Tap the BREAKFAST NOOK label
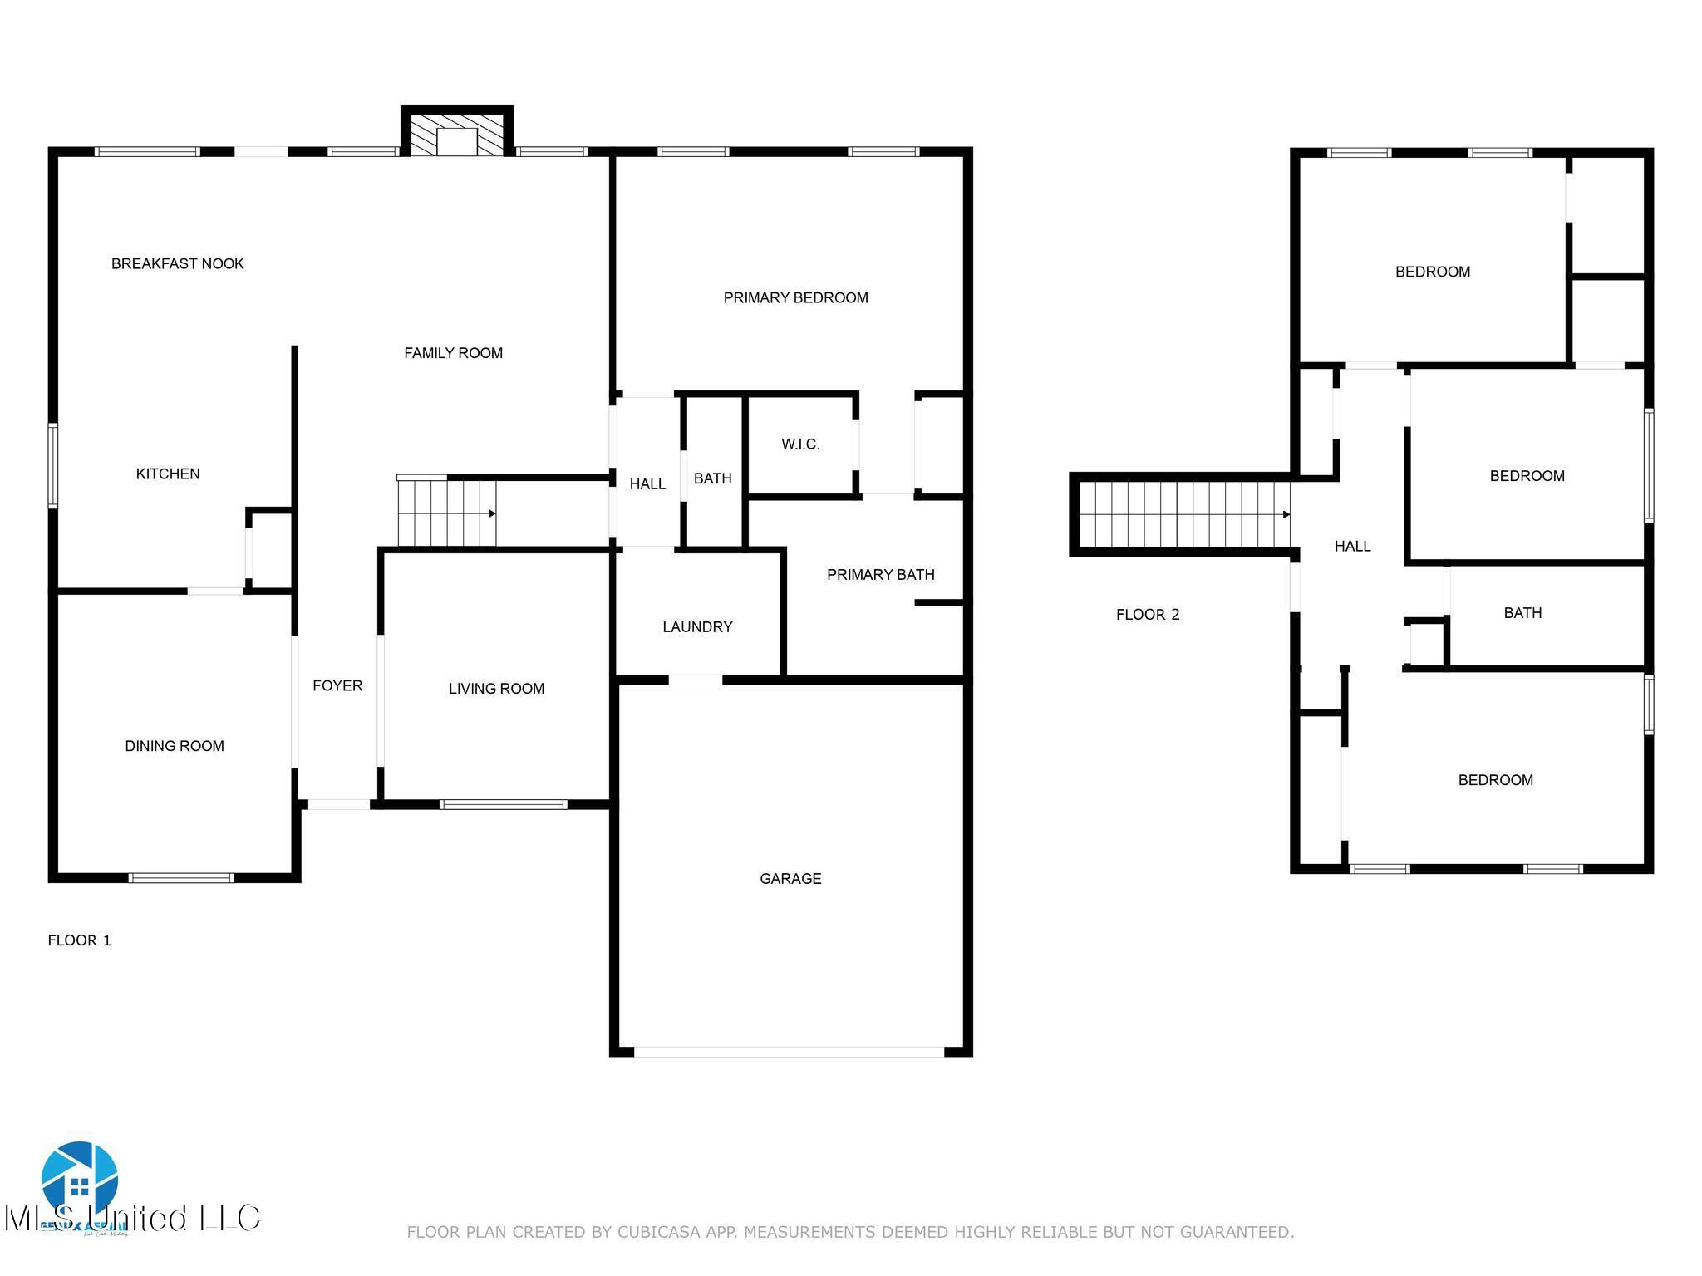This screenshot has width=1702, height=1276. (x=177, y=263)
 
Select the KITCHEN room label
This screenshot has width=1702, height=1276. (x=168, y=474)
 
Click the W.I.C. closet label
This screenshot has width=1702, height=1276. (x=800, y=444)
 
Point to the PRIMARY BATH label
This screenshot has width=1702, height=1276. (x=880, y=574)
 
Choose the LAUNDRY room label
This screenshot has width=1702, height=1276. (x=697, y=626)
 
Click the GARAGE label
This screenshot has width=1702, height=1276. (x=790, y=878)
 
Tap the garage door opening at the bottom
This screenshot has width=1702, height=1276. (x=789, y=1051)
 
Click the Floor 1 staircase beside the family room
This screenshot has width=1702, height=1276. (x=446, y=513)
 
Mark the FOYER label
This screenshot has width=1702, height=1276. (x=337, y=685)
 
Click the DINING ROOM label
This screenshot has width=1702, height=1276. (x=175, y=746)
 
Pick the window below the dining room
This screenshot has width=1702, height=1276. (x=181, y=877)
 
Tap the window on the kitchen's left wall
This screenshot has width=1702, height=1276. (x=53, y=465)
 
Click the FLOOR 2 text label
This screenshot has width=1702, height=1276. (x=1148, y=615)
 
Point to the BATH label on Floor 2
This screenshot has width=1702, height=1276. (x=1522, y=613)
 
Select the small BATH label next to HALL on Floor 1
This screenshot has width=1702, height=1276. (x=712, y=478)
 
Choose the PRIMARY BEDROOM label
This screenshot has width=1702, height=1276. (x=795, y=297)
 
